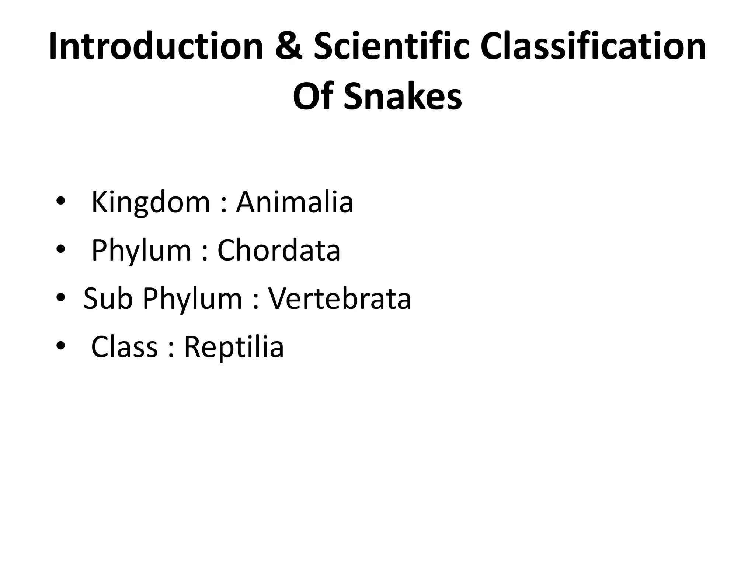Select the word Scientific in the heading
[x=391, y=47]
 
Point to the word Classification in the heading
[x=594, y=47]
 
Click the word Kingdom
[x=150, y=203]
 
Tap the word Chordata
[x=279, y=250]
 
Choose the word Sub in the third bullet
[x=108, y=298]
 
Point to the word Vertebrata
[x=340, y=298]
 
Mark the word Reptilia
[x=234, y=347]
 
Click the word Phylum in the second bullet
[x=141, y=251]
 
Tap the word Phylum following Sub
[x=192, y=299]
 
